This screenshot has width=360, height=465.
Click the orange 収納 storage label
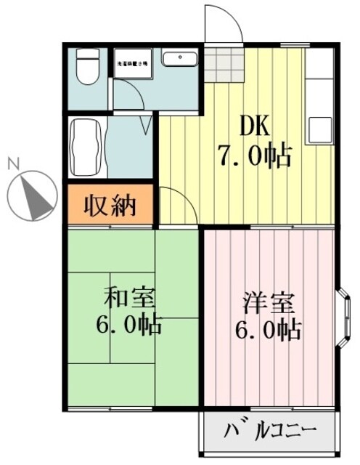(110, 206)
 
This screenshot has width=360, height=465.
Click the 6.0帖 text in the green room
(129, 324)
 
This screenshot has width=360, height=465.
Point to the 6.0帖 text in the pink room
(267, 330)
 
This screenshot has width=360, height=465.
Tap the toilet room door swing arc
(131, 94)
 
